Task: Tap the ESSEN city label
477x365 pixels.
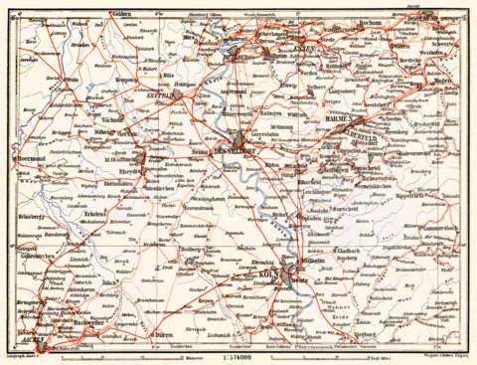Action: tap(302, 49)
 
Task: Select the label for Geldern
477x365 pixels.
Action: tap(149, 15)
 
